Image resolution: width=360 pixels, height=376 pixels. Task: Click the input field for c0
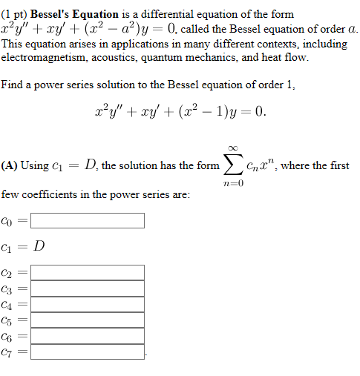(88, 220)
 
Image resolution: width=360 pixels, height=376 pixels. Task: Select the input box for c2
(88, 272)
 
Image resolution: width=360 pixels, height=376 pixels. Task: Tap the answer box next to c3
(88, 288)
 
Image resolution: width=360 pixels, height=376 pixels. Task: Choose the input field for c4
(88, 304)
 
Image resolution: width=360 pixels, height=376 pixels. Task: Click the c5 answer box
(88, 320)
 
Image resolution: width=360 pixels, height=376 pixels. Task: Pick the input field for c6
(88, 335)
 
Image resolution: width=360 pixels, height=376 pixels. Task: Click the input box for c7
(88, 352)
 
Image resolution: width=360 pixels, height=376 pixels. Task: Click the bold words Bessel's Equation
(74, 14)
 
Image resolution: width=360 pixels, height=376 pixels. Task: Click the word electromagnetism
(45, 57)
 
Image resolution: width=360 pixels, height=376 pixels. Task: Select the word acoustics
(122, 57)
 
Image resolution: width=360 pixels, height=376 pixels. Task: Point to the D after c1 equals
(39, 245)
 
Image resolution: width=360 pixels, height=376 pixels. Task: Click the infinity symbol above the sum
(232, 148)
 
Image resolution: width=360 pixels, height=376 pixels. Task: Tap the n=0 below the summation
(232, 183)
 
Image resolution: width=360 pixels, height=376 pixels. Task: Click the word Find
(12, 85)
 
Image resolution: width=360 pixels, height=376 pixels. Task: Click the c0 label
(7, 221)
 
